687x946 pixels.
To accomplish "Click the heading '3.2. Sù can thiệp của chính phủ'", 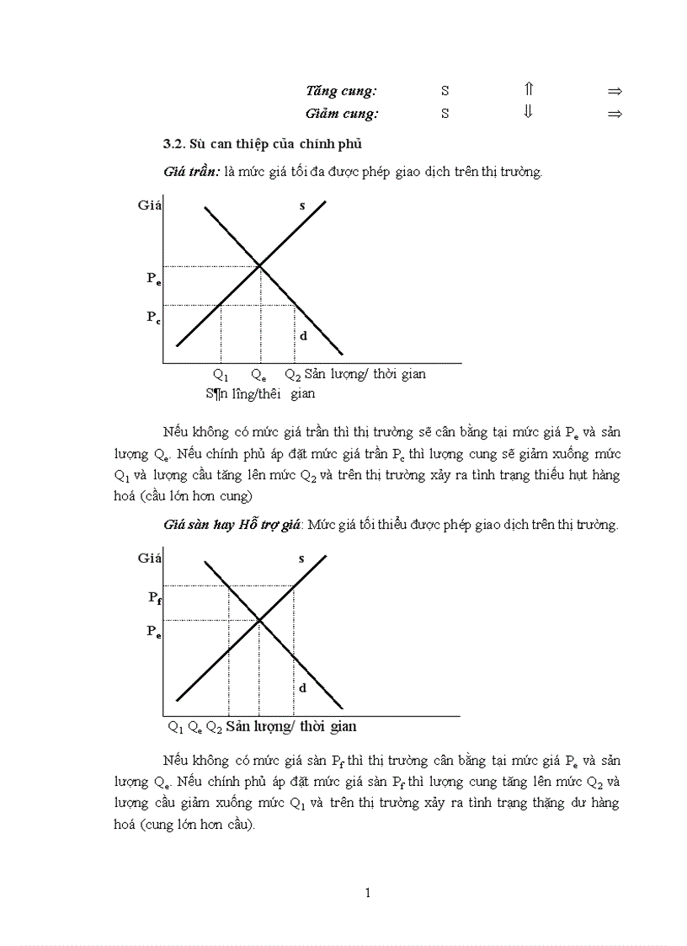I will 263,142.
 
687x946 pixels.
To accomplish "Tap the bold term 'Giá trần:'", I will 192,172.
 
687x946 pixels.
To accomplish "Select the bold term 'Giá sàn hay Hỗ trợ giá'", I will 232,525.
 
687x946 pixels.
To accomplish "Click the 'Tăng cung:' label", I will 341,91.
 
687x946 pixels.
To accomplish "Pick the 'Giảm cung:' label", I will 342,114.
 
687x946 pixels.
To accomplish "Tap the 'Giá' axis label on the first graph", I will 150,205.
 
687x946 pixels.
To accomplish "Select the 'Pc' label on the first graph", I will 153,318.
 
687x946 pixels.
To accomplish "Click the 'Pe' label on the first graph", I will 153,279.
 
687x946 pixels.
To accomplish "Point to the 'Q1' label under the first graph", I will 221,375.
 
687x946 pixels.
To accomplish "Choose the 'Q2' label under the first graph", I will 292,375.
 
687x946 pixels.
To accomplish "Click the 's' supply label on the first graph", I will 301,206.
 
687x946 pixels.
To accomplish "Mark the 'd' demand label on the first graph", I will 302,335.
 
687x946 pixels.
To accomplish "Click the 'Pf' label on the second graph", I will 155,597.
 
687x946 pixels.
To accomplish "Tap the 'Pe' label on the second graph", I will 153,632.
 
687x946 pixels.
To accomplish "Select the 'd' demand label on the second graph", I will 302,687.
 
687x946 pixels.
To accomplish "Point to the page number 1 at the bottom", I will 368,893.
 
